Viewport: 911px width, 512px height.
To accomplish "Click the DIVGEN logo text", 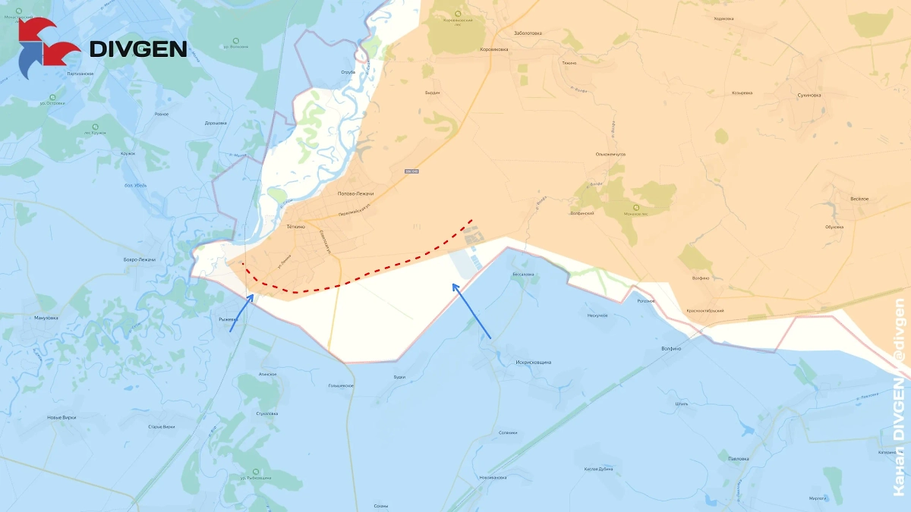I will [138, 49].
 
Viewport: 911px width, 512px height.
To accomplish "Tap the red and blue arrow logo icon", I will [48, 49].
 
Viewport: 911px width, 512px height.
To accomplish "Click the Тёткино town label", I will [295, 227].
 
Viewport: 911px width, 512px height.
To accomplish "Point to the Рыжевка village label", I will [228, 319].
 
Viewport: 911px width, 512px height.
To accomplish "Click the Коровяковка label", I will [494, 49].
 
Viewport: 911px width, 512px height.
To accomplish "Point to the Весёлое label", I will [859, 199].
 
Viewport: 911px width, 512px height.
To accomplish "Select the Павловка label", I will [738, 459].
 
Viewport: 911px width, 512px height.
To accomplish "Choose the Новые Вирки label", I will [61, 417].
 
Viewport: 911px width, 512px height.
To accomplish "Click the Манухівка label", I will [46, 318].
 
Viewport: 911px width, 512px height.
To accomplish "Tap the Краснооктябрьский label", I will [705, 311].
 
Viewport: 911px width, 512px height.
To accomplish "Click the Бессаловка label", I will [524, 274].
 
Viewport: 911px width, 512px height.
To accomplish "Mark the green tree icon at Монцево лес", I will [636, 207].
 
